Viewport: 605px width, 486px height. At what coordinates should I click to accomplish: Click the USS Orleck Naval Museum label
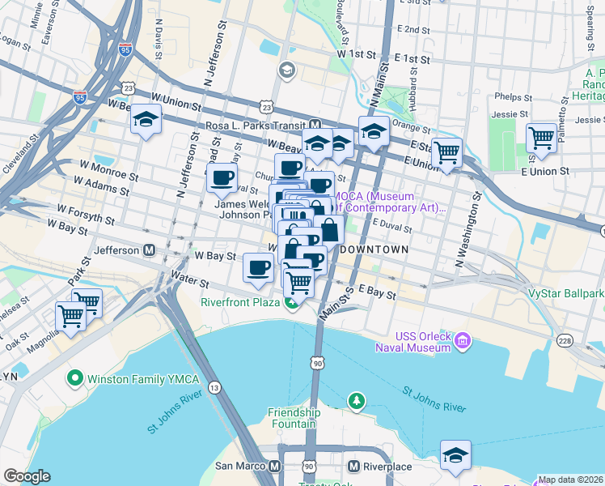[x=422, y=342]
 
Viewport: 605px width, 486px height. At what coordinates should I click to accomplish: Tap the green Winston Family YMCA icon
[x=75, y=377]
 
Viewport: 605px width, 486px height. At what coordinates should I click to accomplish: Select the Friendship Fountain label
[x=294, y=419]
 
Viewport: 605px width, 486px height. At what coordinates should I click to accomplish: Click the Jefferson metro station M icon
[x=150, y=250]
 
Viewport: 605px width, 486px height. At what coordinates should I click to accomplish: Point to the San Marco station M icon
[x=275, y=467]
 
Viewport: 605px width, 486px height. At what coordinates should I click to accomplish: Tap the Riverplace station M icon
[x=353, y=467]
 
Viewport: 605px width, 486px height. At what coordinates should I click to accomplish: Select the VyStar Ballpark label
[x=565, y=293]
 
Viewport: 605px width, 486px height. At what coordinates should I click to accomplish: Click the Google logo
[x=27, y=476]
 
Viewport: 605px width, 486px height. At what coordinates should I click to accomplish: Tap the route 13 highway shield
[x=214, y=388]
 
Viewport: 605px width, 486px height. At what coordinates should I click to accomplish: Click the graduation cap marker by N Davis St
[x=145, y=121]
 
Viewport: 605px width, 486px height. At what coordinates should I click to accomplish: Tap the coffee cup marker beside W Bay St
[x=258, y=266]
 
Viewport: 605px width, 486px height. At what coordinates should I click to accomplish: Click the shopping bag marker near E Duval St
[x=329, y=230]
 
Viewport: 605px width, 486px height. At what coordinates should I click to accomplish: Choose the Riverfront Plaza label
[x=240, y=303]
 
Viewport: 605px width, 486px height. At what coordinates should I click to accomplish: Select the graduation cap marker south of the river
[x=455, y=455]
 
